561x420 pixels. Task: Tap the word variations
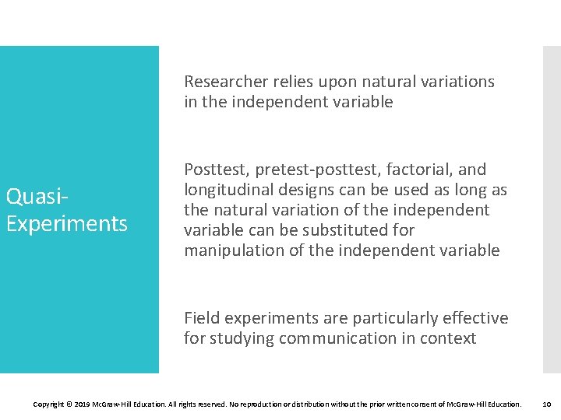click(456, 82)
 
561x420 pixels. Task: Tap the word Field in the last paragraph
click(201, 318)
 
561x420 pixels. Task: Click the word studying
click(242, 338)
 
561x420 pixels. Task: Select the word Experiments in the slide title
click(66, 224)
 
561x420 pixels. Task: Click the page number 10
click(546, 404)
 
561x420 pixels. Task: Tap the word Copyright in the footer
click(50, 404)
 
